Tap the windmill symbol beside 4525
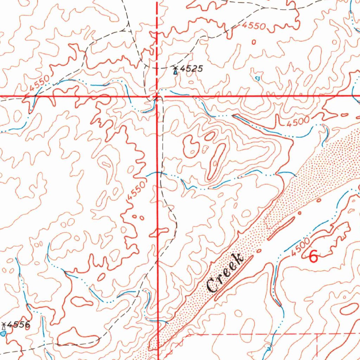tap(175, 70)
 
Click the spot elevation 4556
tap(19, 325)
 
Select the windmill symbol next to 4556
tap(4, 326)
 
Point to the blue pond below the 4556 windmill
tap(4, 333)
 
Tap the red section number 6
tap(313, 257)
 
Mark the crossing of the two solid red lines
tap(157, 96)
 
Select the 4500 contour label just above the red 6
tap(300, 248)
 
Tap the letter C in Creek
tap(212, 285)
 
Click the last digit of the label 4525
tap(200, 69)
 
